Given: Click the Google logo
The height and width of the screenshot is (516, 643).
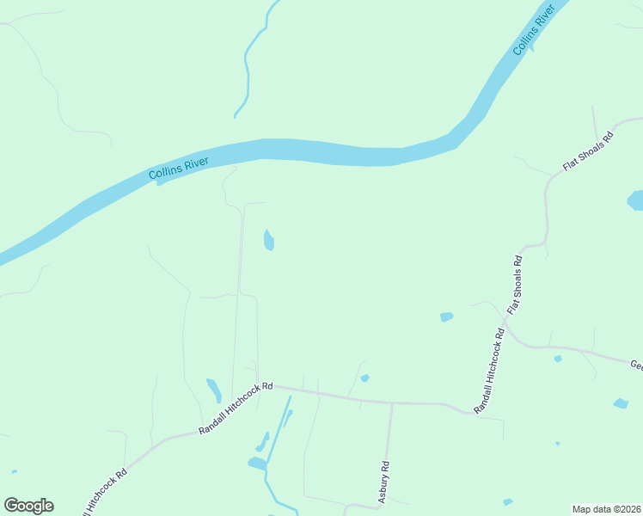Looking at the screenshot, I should (28, 506).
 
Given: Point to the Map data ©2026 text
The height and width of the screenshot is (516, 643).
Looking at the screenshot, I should (607, 509).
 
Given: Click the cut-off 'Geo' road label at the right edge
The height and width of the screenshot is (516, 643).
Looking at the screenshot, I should (636, 365).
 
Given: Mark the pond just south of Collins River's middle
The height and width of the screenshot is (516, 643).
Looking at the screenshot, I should (268, 240).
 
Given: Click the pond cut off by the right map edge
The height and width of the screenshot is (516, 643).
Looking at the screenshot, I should (636, 200).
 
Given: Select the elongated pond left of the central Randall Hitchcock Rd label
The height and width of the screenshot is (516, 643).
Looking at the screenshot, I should (213, 390).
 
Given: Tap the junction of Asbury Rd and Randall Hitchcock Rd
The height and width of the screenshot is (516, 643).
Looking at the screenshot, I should (391, 402).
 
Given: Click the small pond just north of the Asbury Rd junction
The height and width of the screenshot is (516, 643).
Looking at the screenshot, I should (364, 378).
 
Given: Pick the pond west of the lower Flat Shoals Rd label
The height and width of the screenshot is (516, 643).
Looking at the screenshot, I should (446, 317).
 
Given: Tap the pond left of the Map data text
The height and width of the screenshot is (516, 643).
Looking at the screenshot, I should (508, 501).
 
